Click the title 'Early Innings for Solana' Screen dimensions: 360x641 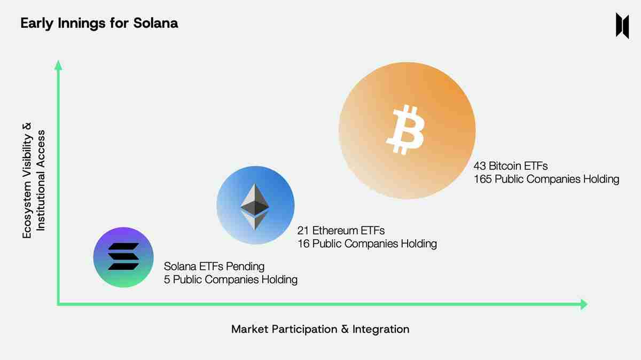[x=99, y=24]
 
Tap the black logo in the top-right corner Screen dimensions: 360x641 [x=622, y=25]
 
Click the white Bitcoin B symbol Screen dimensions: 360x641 [x=405, y=130]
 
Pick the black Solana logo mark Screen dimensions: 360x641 [x=123, y=257]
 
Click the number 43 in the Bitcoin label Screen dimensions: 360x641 [x=480, y=166]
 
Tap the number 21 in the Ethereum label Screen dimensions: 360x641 [x=303, y=231]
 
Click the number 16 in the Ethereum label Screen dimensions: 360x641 [x=303, y=244]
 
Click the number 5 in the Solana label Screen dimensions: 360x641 [x=167, y=279]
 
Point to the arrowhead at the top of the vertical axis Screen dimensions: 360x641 [x=59, y=65]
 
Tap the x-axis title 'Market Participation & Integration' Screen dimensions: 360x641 [x=320, y=329]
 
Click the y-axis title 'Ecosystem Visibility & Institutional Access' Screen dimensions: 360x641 [x=34, y=181]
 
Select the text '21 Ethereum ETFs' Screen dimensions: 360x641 [x=341, y=231]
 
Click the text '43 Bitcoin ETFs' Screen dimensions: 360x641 [x=510, y=166]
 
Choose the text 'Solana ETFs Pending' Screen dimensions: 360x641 [x=214, y=266]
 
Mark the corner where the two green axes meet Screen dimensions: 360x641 [x=59, y=304]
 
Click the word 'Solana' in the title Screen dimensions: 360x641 [x=158, y=24]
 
